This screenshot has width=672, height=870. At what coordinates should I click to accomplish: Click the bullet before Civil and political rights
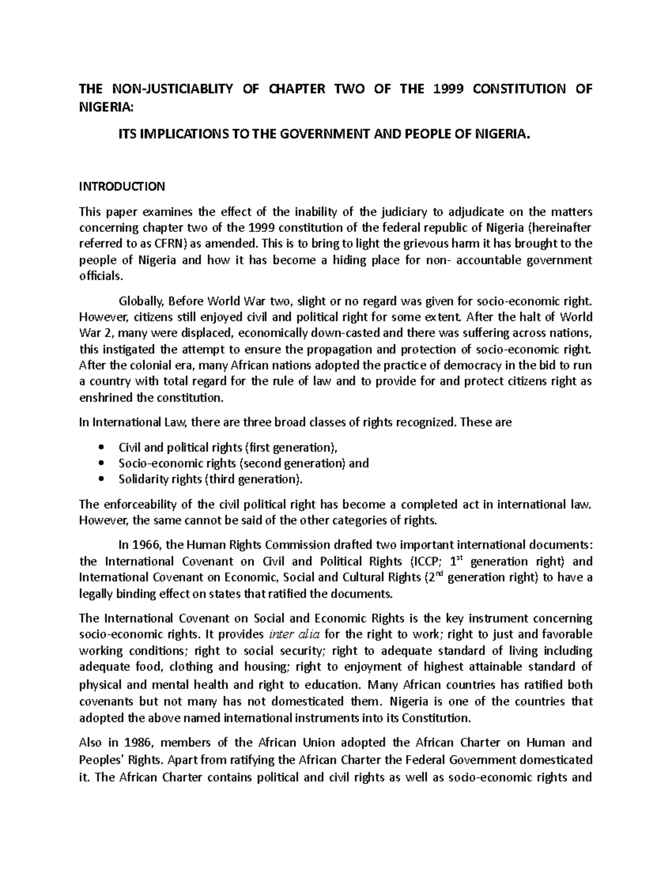pyautogui.click(x=101, y=448)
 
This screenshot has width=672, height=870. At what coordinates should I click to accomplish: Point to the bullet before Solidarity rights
pyautogui.click(x=101, y=480)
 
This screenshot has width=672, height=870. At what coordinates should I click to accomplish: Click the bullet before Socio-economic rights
pyautogui.click(x=101, y=463)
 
